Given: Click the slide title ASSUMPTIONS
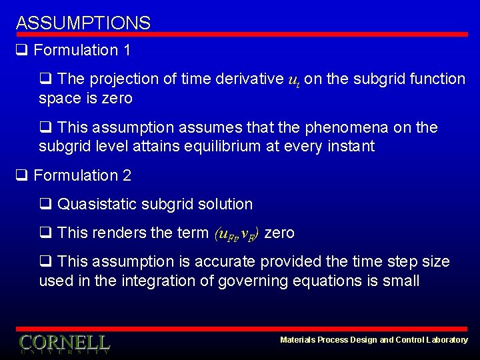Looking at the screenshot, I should pyautogui.click(x=83, y=23).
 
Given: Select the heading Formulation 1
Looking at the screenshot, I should pyautogui.click(x=82, y=50).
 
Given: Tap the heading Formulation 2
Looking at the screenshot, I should pyautogui.click(x=82, y=175).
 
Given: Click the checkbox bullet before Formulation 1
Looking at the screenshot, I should pyautogui.click(x=21, y=50).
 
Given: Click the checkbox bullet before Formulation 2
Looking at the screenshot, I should pyautogui.click(x=21, y=175).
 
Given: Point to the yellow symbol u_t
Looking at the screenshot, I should pyautogui.click(x=293, y=80).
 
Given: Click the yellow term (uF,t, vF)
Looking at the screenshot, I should pyautogui.click(x=238, y=233).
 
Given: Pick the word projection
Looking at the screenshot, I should pyautogui.click(x=120, y=79).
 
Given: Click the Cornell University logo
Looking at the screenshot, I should pyautogui.click(x=64, y=343).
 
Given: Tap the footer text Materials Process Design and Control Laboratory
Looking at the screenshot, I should pyautogui.click(x=374, y=340).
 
